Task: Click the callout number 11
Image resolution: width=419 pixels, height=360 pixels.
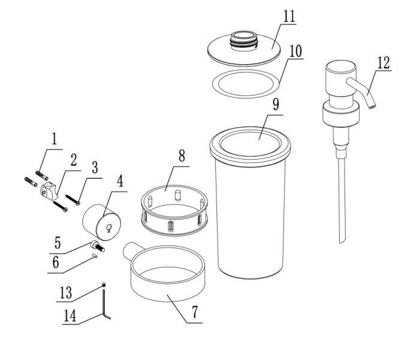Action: [x=289, y=16]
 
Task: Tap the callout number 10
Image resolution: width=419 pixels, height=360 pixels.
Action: [x=296, y=51]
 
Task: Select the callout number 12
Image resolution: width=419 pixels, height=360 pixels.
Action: [x=384, y=63]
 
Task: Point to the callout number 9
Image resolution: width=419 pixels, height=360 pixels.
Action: [x=276, y=104]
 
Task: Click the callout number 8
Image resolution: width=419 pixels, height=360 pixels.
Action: [x=182, y=155]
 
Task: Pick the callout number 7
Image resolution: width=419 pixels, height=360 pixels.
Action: [x=195, y=312]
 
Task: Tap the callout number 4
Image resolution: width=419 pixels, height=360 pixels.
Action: [x=120, y=181]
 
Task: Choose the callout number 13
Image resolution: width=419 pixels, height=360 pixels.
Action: [x=66, y=292]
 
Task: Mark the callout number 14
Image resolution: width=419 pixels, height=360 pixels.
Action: [x=70, y=316]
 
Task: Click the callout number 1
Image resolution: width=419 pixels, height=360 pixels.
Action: [x=55, y=139]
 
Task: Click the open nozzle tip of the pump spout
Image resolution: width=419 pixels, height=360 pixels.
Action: [x=372, y=107]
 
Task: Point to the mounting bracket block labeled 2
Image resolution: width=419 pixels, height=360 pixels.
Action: [x=49, y=191]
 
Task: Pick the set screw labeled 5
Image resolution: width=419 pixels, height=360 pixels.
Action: [x=98, y=245]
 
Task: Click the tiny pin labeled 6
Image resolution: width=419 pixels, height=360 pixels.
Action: [x=94, y=256]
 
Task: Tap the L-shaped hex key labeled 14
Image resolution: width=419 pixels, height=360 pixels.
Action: [x=105, y=302]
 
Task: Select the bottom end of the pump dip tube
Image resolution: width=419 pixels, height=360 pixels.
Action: [x=340, y=241]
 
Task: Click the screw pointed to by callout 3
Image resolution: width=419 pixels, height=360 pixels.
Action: [x=73, y=200]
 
